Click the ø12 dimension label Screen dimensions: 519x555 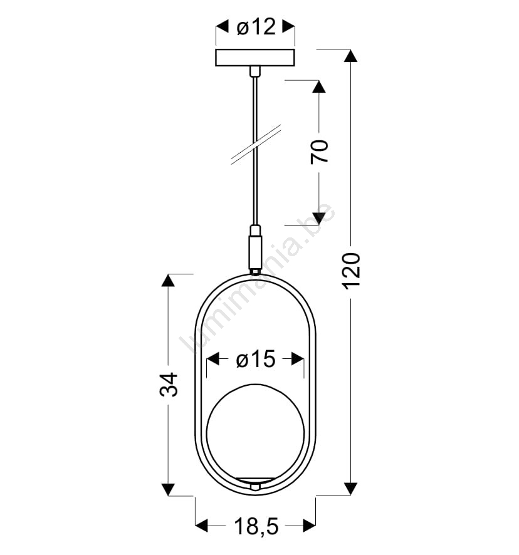pyautogui.click(x=256, y=26)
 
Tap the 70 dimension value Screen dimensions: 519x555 pyautogui.click(x=320, y=152)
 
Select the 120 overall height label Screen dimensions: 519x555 pyautogui.click(x=352, y=271)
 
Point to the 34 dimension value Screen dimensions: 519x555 pyautogui.click(x=169, y=384)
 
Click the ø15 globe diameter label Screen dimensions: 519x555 pyautogui.click(x=256, y=360)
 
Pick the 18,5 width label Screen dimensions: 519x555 pyautogui.click(x=256, y=526)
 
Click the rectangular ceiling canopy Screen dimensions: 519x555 pyautogui.click(x=255, y=58)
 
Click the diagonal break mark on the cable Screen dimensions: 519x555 pyautogui.click(x=256, y=145)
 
